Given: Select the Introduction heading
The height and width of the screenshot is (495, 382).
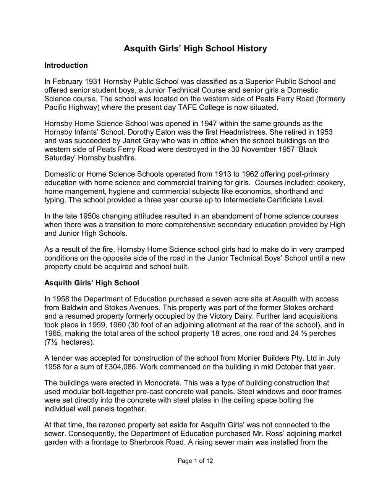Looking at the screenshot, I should pyautogui.click(x=66, y=65).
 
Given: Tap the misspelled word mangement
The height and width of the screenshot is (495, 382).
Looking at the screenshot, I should pyautogui.click(x=80, y=191).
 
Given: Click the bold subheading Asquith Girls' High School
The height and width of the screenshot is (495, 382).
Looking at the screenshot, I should pyautogui.click(x=92, y=283).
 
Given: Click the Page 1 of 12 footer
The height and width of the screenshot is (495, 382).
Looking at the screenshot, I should pyautogui.click(x=195, y=461).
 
